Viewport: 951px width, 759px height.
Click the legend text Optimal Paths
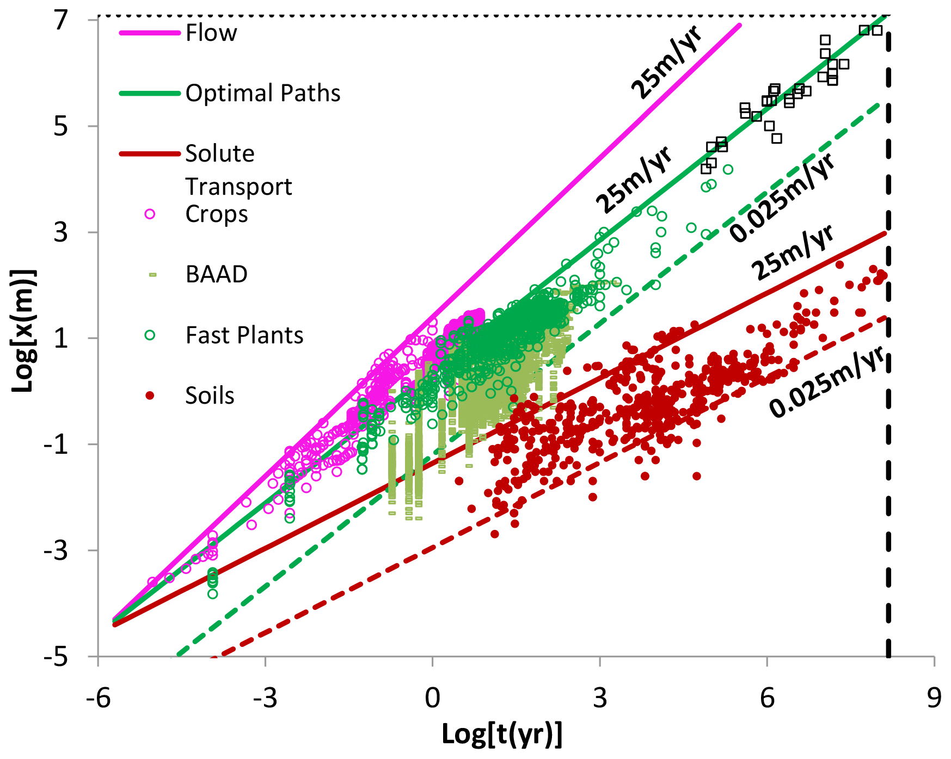tap(262, 94)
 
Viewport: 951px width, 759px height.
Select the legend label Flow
tap(211, 33)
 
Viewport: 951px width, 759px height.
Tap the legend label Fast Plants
tap(244, 336)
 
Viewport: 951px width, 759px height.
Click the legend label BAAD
tap(216, 275)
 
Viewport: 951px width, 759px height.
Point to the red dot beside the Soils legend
tap(150, 396)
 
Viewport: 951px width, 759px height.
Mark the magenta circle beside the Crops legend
tap(150, 214)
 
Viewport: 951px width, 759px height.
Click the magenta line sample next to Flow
tap(150, 33)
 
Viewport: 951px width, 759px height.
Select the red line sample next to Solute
tap(150, 154)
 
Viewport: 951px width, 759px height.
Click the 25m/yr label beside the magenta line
tap(666, 63)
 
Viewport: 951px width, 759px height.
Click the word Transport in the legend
tap(238, 187)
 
